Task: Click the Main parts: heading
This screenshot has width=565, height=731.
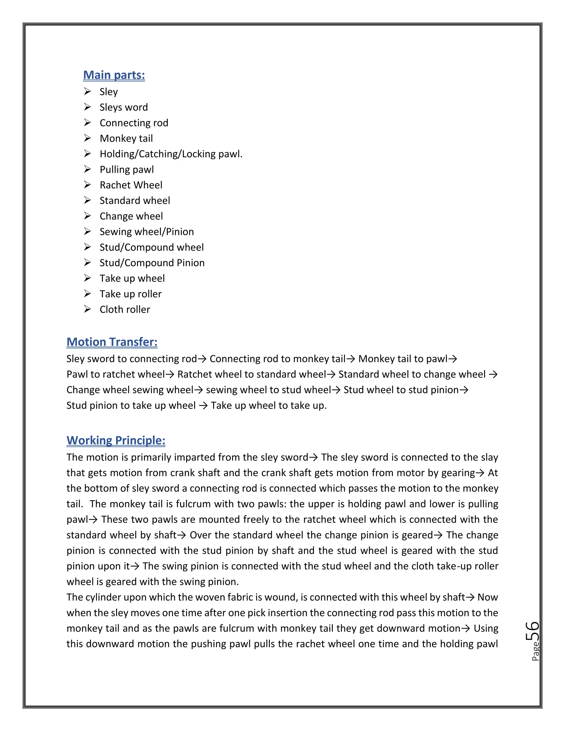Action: [114, 75]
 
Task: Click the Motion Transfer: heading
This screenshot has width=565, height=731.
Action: [112, 342]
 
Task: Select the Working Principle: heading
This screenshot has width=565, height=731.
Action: [116, 440]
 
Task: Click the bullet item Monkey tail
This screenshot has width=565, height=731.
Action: [126, 138]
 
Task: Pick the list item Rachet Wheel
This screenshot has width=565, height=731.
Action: [131, 185]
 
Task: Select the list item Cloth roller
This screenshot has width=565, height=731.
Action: [125, 309]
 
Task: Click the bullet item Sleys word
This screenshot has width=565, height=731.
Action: [124, 107]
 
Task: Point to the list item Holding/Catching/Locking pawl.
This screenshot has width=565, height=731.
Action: [171, 154]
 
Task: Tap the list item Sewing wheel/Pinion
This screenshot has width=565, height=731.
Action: [146, 232]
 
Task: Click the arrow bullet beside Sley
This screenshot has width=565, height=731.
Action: [87, 91]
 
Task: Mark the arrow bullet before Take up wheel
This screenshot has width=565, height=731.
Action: [87, 278]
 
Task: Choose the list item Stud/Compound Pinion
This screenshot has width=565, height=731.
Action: [152, 263]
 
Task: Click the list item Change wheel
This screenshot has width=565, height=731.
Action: [131, 216]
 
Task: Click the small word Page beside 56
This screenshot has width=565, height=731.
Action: [535, 651]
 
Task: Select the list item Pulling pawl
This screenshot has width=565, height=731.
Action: [127, 169]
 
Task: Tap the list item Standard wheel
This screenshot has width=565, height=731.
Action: [135, 201]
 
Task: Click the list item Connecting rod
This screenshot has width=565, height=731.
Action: [134, 123]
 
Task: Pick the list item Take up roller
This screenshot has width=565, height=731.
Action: [130, 294]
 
